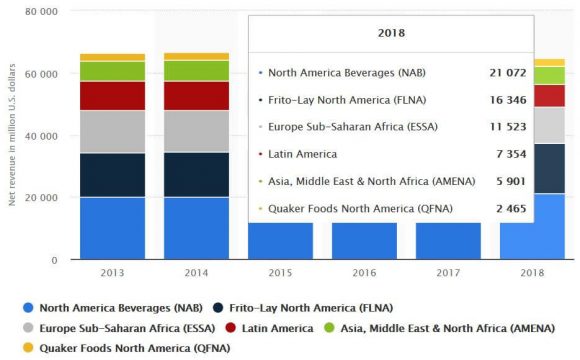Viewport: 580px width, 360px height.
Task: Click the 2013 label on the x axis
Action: click(113, 272)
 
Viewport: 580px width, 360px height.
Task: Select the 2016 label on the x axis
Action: click(364, 272)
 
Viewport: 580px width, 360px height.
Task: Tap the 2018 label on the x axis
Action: click(531, 272)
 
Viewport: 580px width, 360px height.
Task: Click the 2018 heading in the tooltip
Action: click(391, 32)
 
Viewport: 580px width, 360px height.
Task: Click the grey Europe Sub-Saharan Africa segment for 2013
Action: click(113, 131)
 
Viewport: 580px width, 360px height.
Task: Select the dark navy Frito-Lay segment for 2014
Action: click(196, 174)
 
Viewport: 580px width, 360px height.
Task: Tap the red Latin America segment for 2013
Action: click(113, 95)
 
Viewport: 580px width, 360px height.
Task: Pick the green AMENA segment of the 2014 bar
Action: click(196, 70)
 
